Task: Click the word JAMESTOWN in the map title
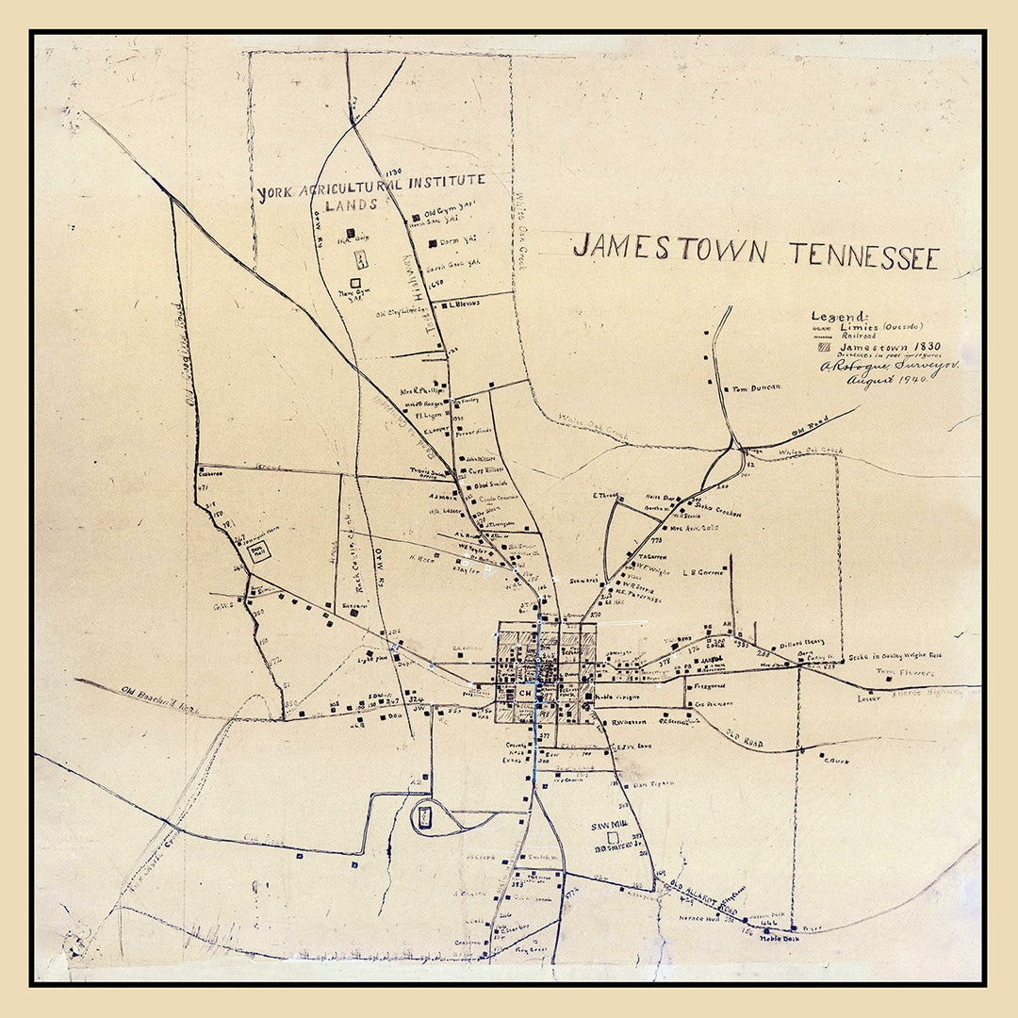[669, 250]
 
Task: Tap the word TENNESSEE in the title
[864, 256]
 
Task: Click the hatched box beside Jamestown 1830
[824, 347]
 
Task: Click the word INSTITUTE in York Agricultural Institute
[439, 181]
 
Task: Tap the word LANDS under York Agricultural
[351, 205]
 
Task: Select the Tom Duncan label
[756, 387]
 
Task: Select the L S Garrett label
[702, 571]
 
